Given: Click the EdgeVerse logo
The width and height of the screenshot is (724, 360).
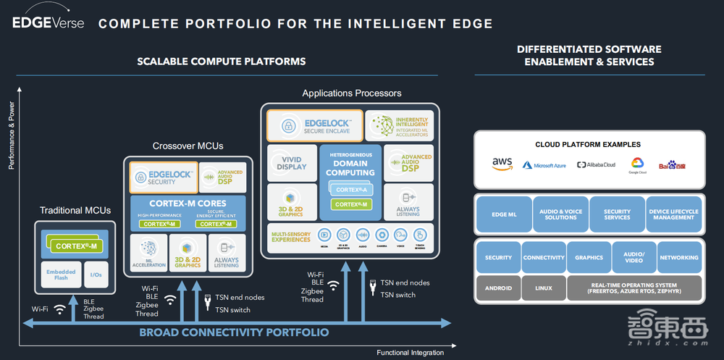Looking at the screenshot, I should coord(49,22).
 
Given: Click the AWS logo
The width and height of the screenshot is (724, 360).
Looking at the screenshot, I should coord(502,164).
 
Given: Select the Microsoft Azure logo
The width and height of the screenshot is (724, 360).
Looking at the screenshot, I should coord(544,165).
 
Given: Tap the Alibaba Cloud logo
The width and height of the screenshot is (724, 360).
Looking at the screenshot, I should coord(596,165).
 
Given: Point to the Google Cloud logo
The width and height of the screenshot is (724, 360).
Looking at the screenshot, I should coord(637,164).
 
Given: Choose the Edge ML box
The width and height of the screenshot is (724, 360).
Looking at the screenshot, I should coord(504,214).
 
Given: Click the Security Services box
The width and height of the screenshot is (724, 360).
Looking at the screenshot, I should coord(617,214).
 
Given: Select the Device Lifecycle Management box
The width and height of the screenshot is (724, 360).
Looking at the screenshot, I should coord(674,214).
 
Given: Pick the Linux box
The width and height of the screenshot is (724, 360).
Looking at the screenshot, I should coord(543,288).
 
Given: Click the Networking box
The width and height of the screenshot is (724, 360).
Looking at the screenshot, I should coord(679,257).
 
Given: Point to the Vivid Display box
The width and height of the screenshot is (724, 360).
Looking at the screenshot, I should coord(292,163).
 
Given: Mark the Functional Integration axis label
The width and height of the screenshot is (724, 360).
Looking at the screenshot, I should coord(410,353).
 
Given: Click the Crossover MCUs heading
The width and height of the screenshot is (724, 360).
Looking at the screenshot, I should coord(188,146).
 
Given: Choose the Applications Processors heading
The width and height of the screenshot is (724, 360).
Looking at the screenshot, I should coord(352,93).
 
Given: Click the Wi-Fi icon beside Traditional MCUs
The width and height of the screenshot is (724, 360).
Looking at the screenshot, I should coord(60,309).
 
